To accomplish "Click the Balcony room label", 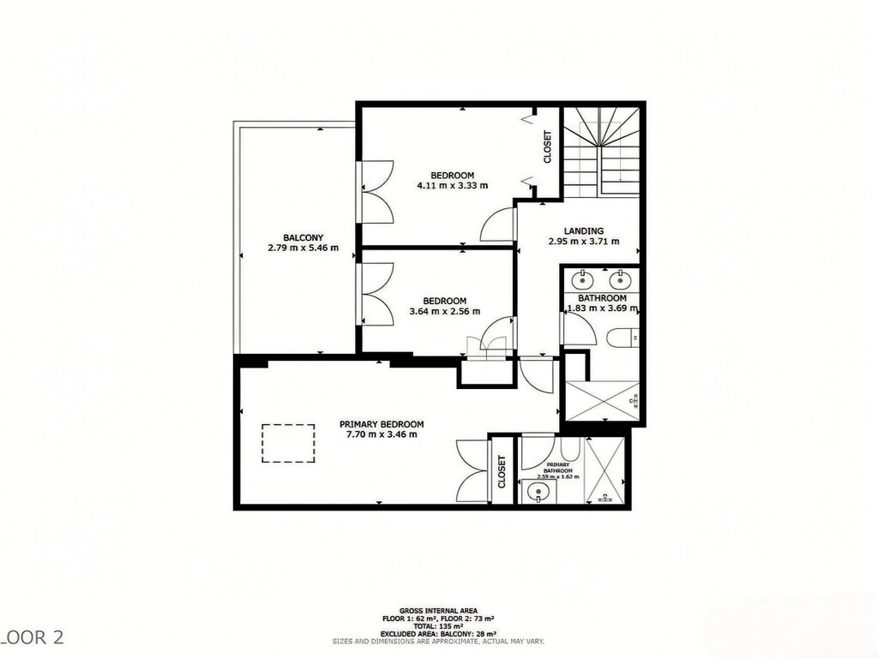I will [x=303, y=237].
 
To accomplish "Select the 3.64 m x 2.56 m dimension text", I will [x=444, y=311].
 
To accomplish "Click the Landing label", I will [x=583, y=230].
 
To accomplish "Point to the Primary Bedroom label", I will [x=382, y=424].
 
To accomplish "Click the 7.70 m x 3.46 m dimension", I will [x=382, y=434].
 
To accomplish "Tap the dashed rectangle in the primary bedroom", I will [x=286, y=444].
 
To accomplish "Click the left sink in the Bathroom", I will [x=583, y=279].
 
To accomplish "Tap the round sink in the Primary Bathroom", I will [x=538, y=492].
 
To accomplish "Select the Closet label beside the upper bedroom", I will [x=548, y=147].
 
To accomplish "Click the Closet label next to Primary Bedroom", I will [x=502, y=471].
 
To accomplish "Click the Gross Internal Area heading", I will [x=438, y=611].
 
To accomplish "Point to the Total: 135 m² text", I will [x=438, y=625].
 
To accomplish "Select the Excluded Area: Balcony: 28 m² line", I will [x=438, y=632].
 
